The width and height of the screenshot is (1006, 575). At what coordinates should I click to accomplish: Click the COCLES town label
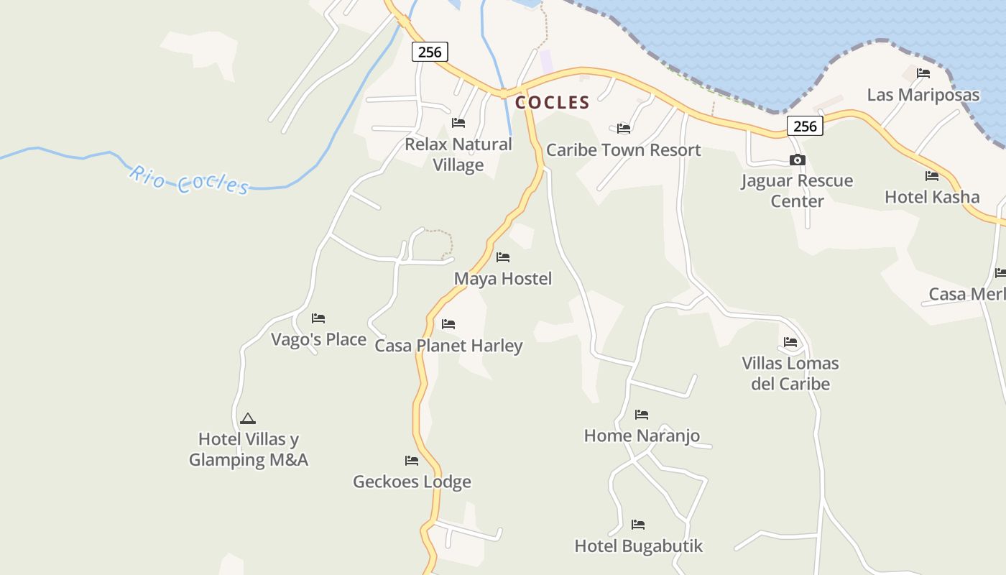pos(552,103)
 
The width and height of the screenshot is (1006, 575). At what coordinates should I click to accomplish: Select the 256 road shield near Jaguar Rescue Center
pos(805,126)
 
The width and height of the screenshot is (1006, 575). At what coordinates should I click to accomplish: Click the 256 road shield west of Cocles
pos(430,52)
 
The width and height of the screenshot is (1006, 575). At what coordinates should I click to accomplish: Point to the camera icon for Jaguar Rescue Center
pos(797,160)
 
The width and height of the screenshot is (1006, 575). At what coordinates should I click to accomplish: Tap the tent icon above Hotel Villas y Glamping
pos(247,418)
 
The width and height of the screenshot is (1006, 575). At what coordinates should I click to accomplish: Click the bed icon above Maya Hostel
pos(503,257)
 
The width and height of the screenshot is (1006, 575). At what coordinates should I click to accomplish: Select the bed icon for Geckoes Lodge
pos(412,460)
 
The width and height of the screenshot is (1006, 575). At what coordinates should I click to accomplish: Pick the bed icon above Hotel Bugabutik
pos(638,524)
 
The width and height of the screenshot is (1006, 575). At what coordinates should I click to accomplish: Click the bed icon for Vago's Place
pos(318,318)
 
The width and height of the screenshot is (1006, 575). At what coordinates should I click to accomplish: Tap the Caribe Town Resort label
pos(623,150)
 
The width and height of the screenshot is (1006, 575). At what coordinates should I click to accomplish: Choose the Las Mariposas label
pos(923,95)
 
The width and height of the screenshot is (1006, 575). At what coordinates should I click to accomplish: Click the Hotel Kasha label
pos(931,197)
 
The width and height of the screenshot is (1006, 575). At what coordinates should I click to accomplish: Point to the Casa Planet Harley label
pos(448,346)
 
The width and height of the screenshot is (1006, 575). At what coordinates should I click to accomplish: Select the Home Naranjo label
pos(642,436)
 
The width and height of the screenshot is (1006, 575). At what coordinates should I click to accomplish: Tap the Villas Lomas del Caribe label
pos(790,373)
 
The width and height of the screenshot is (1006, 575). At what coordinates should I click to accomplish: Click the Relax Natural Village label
pos(458,155)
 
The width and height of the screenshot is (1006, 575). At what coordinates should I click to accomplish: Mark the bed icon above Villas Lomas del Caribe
pos(790,342)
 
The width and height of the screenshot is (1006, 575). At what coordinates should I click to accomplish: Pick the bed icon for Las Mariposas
pos(923,73)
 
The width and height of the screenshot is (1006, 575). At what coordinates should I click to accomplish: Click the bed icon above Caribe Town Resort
pos(624,129)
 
